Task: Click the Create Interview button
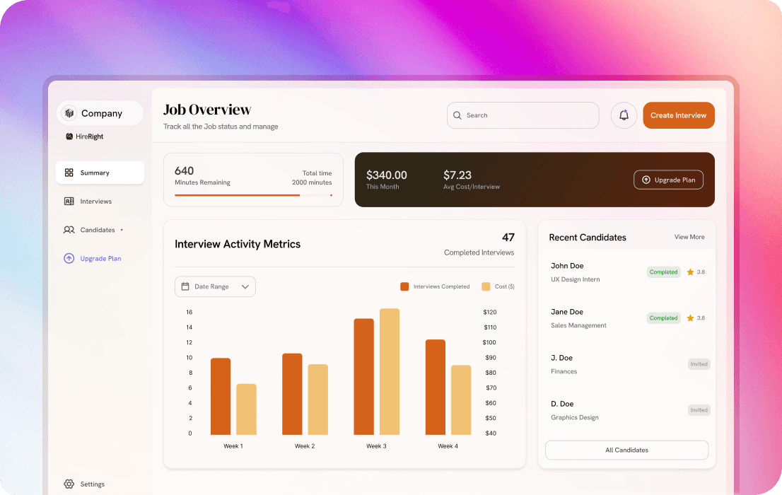tap(678, 115)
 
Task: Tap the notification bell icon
tap(624, 115)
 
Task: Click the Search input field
tap(523, 115)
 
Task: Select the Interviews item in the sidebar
tap(95, 202)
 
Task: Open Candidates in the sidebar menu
tap(97, 230)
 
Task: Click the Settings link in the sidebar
tap(92, 484)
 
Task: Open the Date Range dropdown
tap(215, 286)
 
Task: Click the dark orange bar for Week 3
tap(363, 376)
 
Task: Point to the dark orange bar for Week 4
tap(436, 387)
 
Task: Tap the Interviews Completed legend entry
tap(435, 286)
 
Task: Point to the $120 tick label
tap(490, 312)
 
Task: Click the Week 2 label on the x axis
tap(305, 446)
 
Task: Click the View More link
tap(689, 237)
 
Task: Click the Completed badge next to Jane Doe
tap(663, 318)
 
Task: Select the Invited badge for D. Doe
tap(699, 410)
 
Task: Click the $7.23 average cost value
tap(457, 175)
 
